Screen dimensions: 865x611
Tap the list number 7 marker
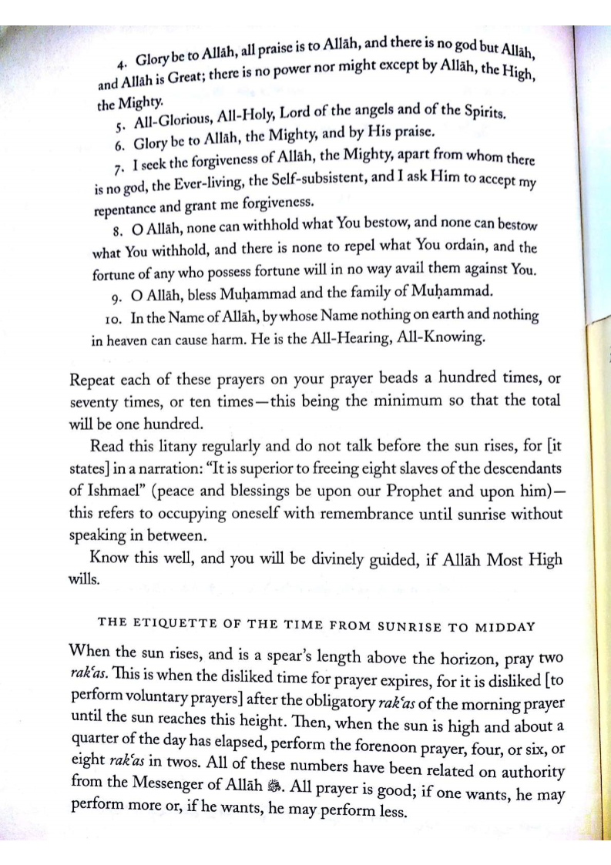[x=124, y=167]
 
